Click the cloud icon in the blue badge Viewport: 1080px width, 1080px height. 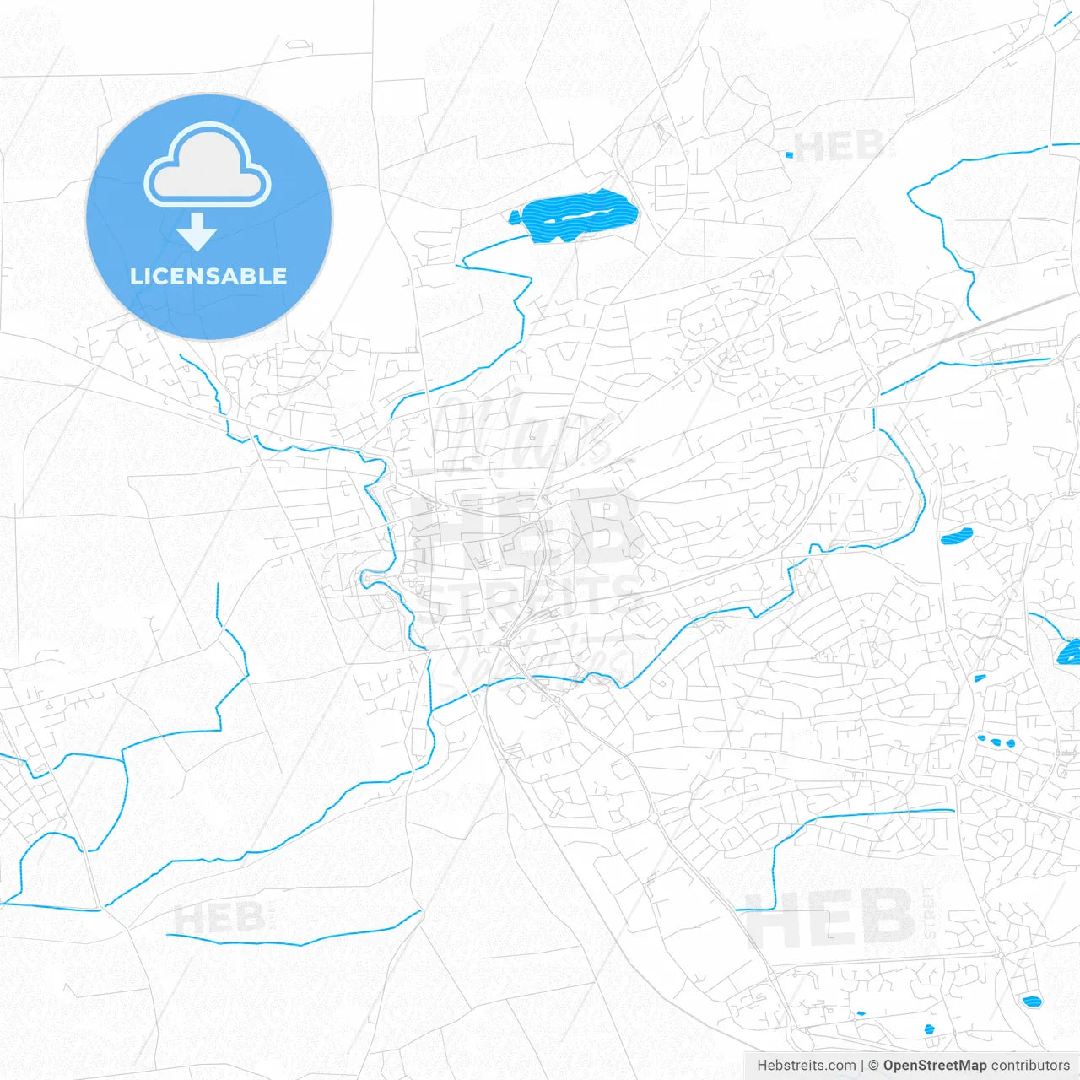coord(208,165)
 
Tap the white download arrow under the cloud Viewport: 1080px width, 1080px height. coord(197,232)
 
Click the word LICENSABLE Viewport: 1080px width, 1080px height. coord(208,276)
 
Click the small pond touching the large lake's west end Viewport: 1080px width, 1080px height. coord(514,218)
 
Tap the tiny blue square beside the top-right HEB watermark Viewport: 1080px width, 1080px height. coord(790,154)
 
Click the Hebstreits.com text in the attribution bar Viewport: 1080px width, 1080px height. coord(806,1066)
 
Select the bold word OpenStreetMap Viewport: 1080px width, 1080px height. coord(935,1066)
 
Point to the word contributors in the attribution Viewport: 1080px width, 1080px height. coord(1030,1066)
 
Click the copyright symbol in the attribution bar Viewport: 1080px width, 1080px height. coord(874,1066)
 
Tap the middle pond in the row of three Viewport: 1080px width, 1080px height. coord(996,742)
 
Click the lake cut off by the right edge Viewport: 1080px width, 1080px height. coord(1069,651)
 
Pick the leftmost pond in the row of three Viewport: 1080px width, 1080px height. coord(982,738)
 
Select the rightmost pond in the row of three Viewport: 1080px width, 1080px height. coord(1010,744)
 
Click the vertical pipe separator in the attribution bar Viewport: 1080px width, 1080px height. coord(862,1066)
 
